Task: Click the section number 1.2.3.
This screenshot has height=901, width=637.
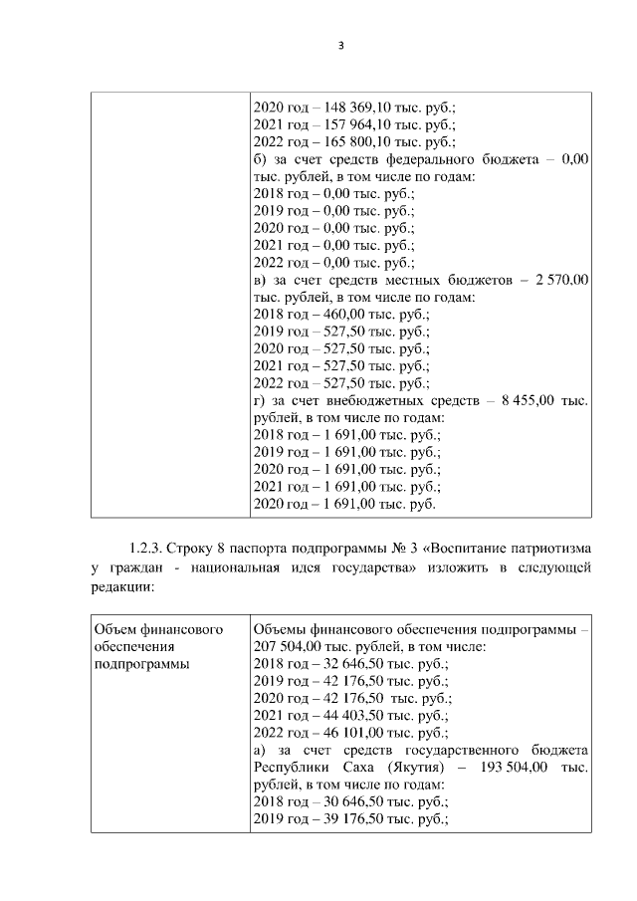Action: (x=145, y=548)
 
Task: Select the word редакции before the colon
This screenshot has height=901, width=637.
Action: (x=118, y=587)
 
